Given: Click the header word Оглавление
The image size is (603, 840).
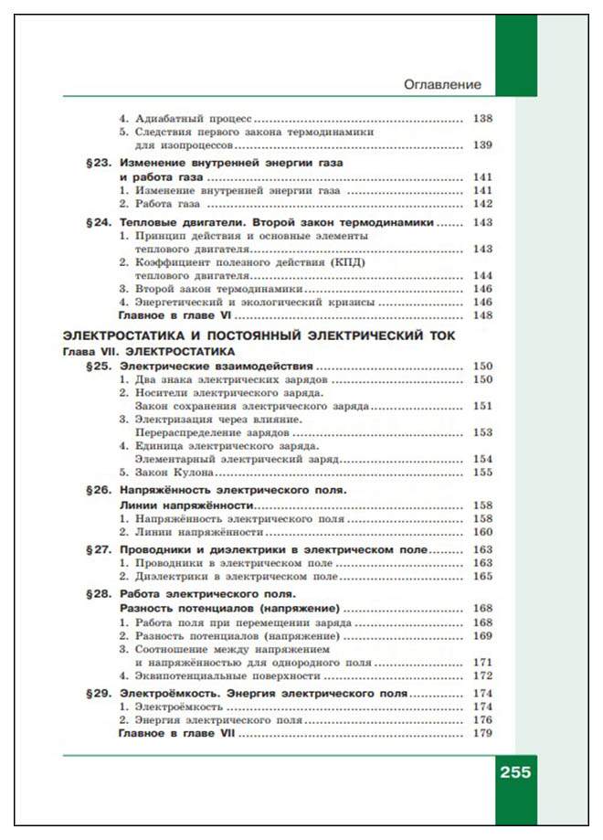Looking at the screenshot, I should click(x=442, y=85).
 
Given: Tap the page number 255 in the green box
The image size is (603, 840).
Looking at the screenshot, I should click(x=514, y=771).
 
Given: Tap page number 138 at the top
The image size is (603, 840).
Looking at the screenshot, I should click(x=482, y=119).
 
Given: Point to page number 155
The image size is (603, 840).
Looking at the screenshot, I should click(x=482, y=473).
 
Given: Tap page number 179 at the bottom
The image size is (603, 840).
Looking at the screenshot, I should click(x=482, y=733).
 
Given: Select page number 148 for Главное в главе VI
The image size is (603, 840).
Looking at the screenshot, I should click(x=482, y=315).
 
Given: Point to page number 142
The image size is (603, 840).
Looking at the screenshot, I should click(x=482, y=204).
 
